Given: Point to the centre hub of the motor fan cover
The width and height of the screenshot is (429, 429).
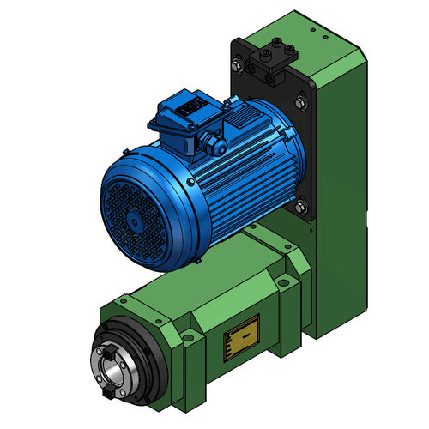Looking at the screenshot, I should pyautogui.click(x=135, y=221).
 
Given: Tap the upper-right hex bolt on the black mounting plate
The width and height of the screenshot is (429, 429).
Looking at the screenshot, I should pyautogui.click(x=299, y=103).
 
